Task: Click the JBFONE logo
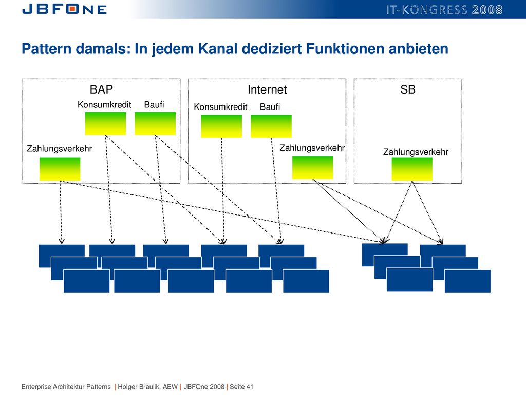click(64, 9)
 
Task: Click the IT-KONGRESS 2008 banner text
click(444, 10)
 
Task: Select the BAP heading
click(101, 89)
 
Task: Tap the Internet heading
click(267, 89)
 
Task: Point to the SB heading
click(407, 89)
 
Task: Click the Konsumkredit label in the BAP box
click(104, 105)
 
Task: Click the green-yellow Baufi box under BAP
click(155, 123)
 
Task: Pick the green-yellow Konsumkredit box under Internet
click(221, 127)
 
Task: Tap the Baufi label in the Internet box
click(270, 107)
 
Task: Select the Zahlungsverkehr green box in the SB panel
click(412, 169)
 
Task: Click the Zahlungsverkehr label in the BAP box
click(60, 149)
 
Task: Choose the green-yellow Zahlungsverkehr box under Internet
click(313, 168)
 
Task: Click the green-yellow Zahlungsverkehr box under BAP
click(60, 169)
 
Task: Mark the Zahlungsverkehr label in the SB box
click(416, 152)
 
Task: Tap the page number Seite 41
click(241, 387)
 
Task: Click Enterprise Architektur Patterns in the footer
click(66, 387)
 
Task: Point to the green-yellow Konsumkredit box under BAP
click(105, 123)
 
